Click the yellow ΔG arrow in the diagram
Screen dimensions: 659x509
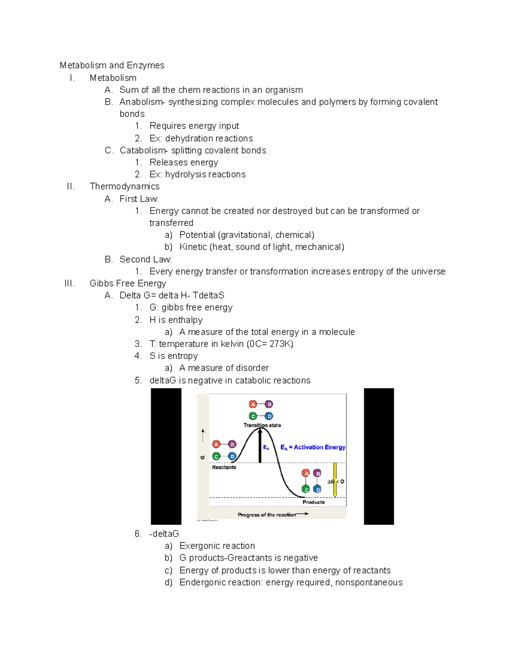[x=335, y=480]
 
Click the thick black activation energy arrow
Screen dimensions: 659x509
[x=260, y=446]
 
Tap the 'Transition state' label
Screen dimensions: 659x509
[x=262, y=425]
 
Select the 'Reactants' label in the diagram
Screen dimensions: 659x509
[x=224, y=467]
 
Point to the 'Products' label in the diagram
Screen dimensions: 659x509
[x=313, y=502]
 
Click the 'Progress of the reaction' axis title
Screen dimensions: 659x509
[x=267, y=515]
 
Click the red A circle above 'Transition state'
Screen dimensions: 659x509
[x=253, y=404]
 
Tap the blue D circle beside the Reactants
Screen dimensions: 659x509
[x=232, y=456]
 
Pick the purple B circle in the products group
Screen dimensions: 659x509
[x=317, y=473]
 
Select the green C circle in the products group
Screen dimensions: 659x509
[x=306, y=489]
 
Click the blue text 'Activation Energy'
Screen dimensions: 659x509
[x=319, y=447]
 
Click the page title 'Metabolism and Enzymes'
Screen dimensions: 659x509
[x=112, y=65]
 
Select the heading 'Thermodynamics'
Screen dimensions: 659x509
[x=124, y=186]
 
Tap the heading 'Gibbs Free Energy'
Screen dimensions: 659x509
[x=128, y=283]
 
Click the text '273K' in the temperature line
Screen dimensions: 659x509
[x=280, y=344]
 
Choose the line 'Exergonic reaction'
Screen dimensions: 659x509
[x=217, y=546]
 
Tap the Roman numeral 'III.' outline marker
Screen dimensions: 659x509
[x=70, y=283]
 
